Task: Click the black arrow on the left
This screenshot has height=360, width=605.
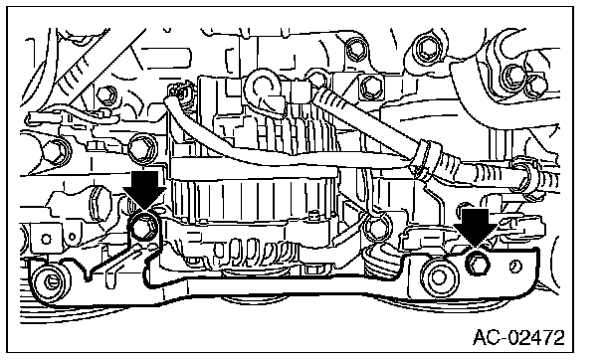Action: (144, 191)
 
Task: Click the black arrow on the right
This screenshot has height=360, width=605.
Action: (475, 228)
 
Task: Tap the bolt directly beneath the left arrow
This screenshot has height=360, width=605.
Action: (144, 227)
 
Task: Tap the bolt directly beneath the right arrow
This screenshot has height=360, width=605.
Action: (478, 264)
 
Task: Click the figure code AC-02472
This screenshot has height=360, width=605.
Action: (518, 338)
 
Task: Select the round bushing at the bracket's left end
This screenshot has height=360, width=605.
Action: (51, 281)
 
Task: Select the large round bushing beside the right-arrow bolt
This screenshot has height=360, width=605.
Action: (439, 276)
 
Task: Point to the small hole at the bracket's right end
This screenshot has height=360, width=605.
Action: (515, 266)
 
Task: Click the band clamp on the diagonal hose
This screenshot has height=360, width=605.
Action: (426, 161)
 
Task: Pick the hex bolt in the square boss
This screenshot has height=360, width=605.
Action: (371, 87)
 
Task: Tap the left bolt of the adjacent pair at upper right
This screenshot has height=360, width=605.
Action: (513, 77)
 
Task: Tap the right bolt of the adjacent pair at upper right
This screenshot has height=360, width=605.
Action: (536, 86)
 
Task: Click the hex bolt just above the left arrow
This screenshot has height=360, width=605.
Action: (141, 148)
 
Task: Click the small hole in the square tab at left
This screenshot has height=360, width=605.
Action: (46, 239)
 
